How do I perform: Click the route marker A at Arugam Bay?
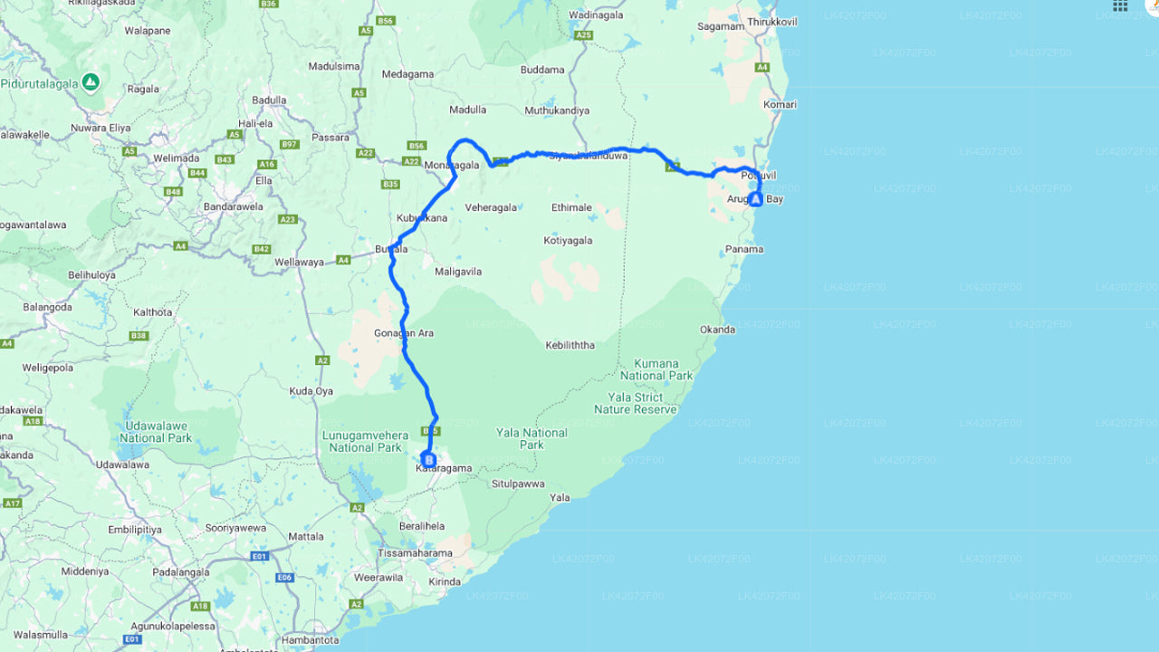point(756,198)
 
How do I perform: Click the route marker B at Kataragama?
point(428,460)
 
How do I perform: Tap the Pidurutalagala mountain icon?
point(91,82)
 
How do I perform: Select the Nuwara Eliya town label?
point(101,128)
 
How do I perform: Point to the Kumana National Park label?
point(656,369)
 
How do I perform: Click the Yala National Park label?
point(532,438)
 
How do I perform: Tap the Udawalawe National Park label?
point(155,432)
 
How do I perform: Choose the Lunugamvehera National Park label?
point(365,441)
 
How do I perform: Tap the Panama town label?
point(745,249)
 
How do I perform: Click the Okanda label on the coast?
point(717,330)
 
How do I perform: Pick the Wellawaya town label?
point(300,263)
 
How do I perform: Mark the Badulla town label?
point(269,101)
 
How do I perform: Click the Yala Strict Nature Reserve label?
point(635,403)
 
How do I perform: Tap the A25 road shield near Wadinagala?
point(583,35)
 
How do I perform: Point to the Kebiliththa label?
point(570,345)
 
